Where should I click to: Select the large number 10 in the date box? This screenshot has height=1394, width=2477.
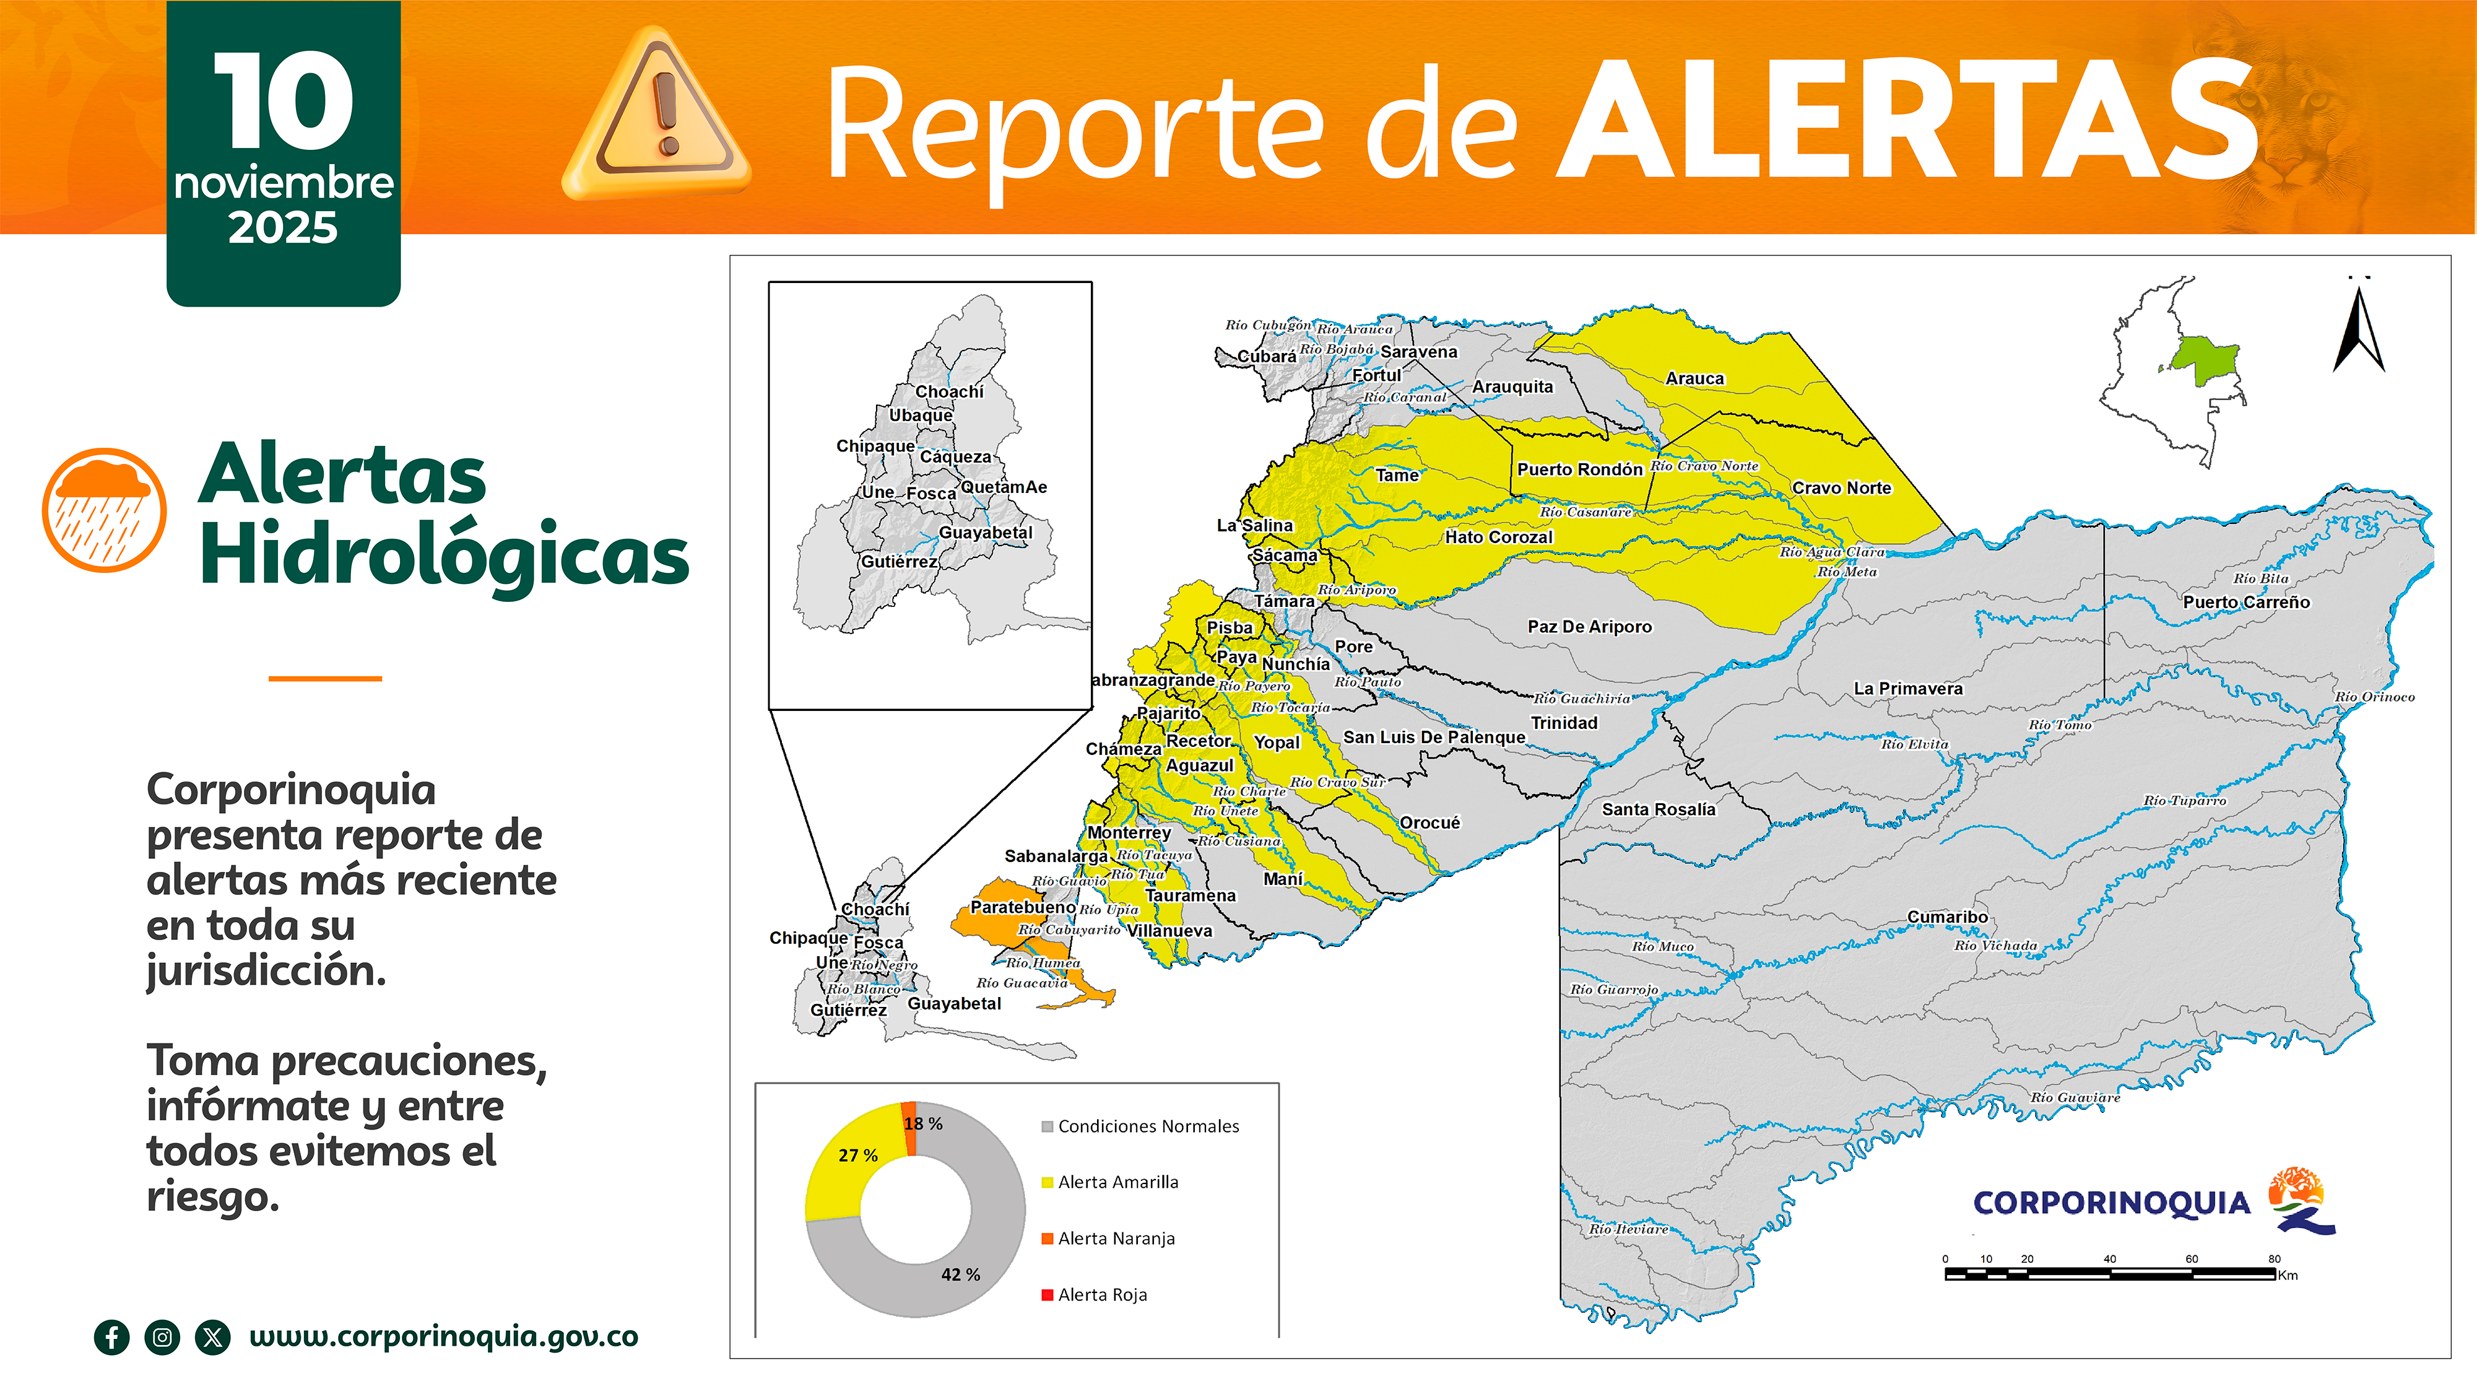coord(283,101)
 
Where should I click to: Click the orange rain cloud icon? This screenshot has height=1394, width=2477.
coord(104,510)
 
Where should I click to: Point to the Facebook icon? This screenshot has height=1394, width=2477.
coord(111,1337)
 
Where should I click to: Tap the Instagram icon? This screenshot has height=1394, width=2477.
coord(162,1337)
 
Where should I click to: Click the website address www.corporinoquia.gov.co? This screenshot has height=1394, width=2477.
coord(443,1336)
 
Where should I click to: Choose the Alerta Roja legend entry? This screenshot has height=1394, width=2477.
coord(1102,1295)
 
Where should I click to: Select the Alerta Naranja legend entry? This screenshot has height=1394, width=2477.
coord(1116,1239)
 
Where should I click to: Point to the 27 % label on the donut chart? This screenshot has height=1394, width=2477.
coord(857,1156)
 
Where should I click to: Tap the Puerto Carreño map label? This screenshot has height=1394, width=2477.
coord(2245,602)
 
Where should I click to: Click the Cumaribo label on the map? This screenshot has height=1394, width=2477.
coord(1947,917)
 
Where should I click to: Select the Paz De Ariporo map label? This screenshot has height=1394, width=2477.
coord(1589,626)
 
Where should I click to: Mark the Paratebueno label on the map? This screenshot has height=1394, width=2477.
coord(1022,907)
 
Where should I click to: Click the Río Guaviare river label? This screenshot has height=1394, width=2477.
coord(2074,1098)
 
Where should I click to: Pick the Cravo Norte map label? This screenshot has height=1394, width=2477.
coord(1841,488)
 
